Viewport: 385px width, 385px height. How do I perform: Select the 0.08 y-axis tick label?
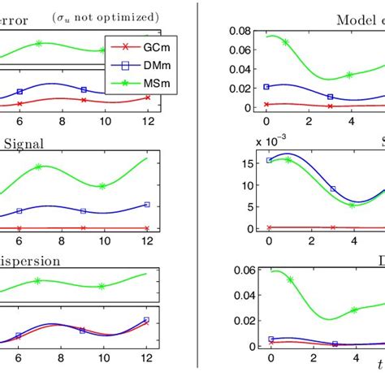point(241,32)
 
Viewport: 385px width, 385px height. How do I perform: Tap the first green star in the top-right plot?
point(286,41)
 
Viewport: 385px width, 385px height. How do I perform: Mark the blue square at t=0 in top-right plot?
point(266,86)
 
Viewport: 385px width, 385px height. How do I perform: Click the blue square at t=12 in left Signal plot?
point(147,205)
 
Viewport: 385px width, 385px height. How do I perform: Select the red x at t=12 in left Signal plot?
point(147,228)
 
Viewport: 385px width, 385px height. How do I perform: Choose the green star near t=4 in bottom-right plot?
point(353,310)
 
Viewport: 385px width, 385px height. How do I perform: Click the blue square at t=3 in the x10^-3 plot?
point(332,189)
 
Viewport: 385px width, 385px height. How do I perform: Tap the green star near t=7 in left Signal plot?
point(38,167)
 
